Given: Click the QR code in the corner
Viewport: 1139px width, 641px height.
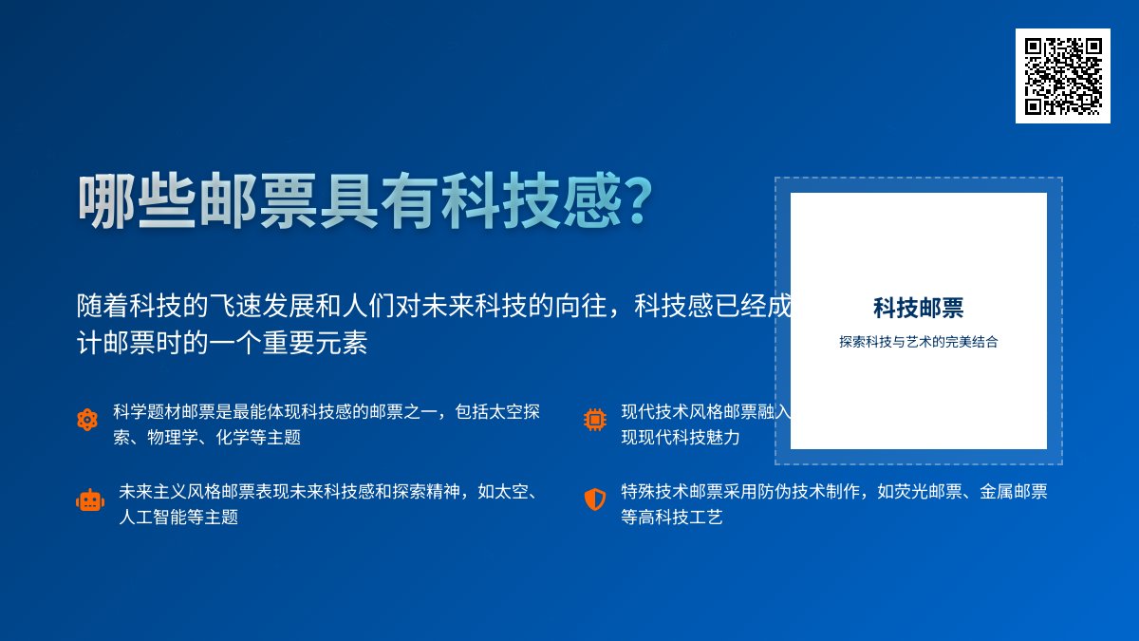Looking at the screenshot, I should [x=1062, y=76].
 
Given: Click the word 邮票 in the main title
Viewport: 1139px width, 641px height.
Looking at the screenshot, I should [x=257, y=201].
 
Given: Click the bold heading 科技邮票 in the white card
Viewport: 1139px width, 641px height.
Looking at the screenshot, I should [x=918, y=308].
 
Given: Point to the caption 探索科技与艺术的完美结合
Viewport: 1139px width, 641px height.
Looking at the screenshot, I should [x=918, y=342].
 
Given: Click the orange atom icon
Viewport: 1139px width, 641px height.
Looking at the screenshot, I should [x=87, y=420].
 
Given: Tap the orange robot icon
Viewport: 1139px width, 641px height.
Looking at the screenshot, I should [x=90, y=500].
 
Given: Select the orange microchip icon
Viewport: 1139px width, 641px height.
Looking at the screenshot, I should [x=595, y=420].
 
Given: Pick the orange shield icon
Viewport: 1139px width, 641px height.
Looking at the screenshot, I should [x=595, y=500].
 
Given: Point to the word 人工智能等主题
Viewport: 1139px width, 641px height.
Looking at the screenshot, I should [x=178, y=518].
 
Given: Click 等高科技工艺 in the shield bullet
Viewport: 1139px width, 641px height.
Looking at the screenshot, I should [x=672, y=518].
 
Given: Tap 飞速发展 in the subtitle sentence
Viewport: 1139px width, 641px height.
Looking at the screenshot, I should [x=255, y=306].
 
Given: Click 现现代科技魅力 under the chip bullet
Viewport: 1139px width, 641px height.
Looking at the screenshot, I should [x=681, y=438].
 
